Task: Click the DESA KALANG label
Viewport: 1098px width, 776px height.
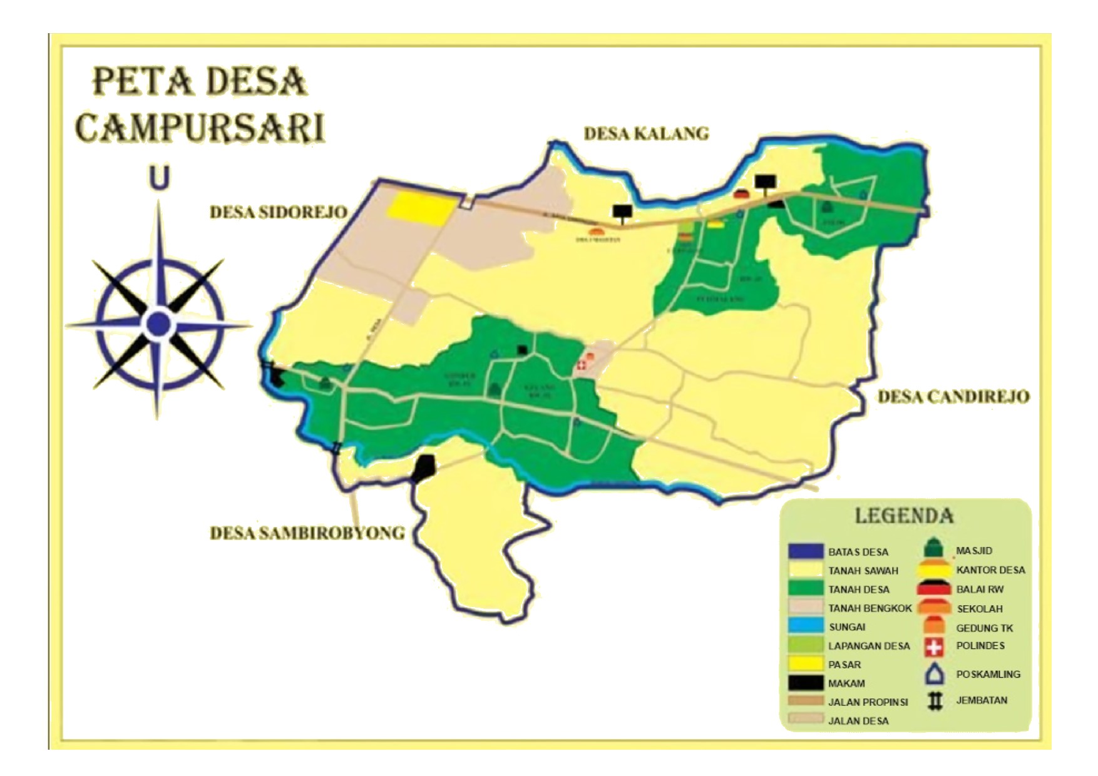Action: pos(646,133)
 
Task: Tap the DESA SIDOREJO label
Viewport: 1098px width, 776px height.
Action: pos(278,212)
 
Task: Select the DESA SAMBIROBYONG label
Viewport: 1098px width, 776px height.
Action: pos(307,533)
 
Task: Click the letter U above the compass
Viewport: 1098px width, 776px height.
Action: pos(159,177)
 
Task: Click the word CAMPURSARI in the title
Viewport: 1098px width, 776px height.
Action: pos(200,127)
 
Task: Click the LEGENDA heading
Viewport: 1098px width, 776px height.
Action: pos(904,516)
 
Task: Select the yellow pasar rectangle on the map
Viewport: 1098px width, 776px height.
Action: pos(419,208)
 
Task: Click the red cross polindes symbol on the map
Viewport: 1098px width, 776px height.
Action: pos(582,365)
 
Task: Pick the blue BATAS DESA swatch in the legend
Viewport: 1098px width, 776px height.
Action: pos(806,551)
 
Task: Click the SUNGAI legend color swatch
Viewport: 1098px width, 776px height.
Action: pos(806,626)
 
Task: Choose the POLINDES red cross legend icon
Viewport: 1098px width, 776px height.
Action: pos(934,646)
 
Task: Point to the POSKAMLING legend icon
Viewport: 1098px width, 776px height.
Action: pos(934,675)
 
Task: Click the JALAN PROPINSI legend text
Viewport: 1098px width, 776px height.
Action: pos(868,702)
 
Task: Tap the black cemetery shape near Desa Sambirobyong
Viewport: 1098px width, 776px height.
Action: pos(424,468)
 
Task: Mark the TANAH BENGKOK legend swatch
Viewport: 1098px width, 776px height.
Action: pos(806,608)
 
